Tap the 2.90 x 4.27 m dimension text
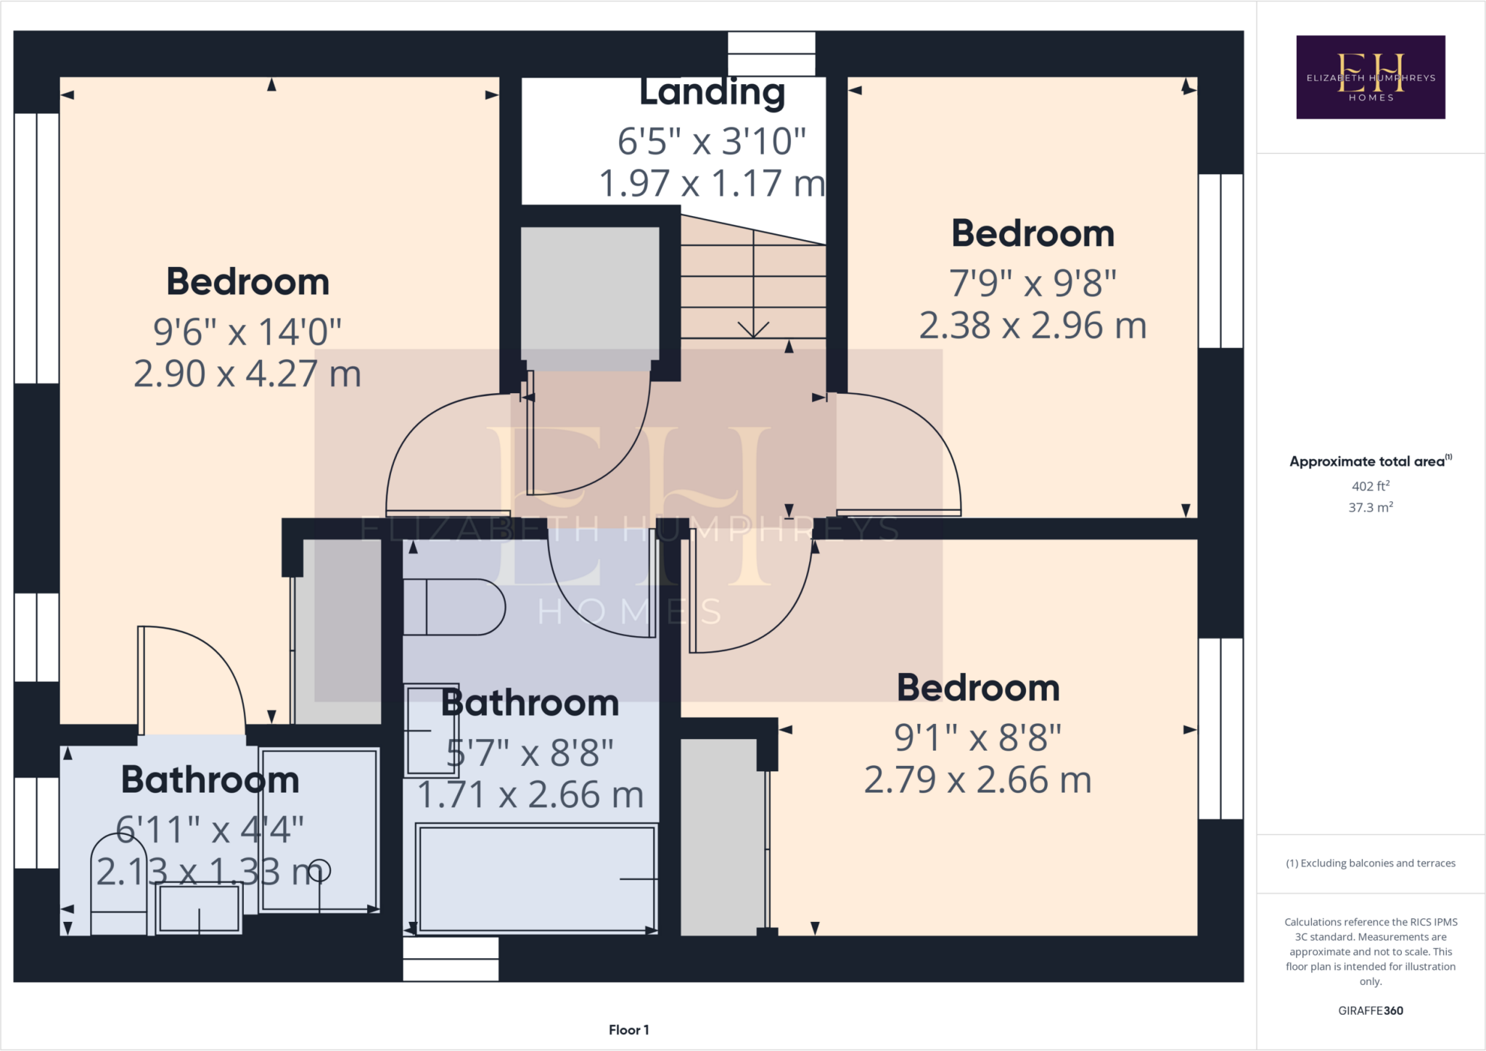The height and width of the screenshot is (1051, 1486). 247,374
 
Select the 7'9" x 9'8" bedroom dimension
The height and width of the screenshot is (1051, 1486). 1033,283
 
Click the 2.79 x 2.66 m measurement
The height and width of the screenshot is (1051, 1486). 977,780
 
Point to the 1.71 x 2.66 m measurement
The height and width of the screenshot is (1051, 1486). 530,795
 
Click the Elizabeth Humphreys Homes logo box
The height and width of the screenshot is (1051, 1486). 1370,77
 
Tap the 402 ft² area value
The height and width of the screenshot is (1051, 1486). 1370,486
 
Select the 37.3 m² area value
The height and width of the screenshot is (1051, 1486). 1370,508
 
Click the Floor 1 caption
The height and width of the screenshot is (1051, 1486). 628,1030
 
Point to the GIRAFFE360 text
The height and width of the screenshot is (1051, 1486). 1370,1010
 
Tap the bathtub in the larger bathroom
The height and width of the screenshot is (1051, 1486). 537,878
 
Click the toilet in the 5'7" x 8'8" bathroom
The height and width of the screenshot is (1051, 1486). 453,607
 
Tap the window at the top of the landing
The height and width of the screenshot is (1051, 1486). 771,54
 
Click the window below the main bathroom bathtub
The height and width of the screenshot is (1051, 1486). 451,959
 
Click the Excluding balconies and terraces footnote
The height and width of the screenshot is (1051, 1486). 1370,863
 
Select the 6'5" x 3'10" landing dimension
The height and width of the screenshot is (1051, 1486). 712,141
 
